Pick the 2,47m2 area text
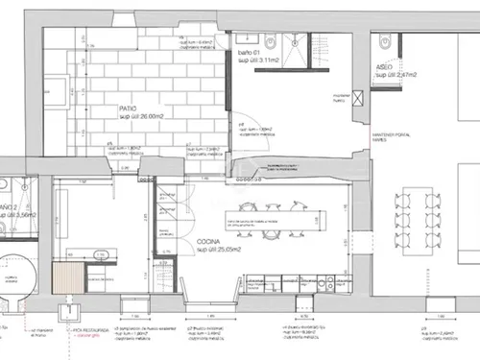(394, 73)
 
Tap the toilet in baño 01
(269, 41)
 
